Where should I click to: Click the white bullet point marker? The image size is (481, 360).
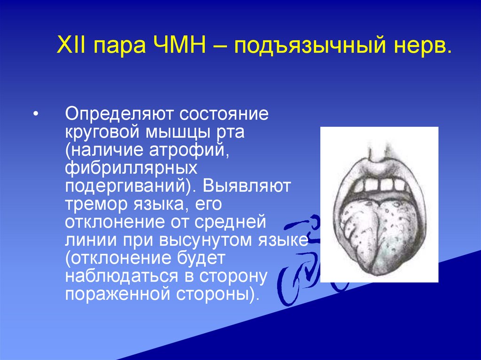pyautogui.click(x=36, y=115)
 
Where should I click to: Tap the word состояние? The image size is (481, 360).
pyautogui.click(x=224, y=115)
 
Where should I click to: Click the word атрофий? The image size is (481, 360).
pyautogui.click(x=189, y=151)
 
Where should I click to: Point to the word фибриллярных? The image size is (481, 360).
pyautogui.click(x=132, y=169)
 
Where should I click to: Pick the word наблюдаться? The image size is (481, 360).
pyautogui.click(x=122, y=276)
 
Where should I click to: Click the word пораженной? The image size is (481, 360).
pyautogui.click(x=118, y=294)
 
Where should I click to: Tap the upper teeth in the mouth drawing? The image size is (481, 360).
pyautogui.click(x=380, y=185)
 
